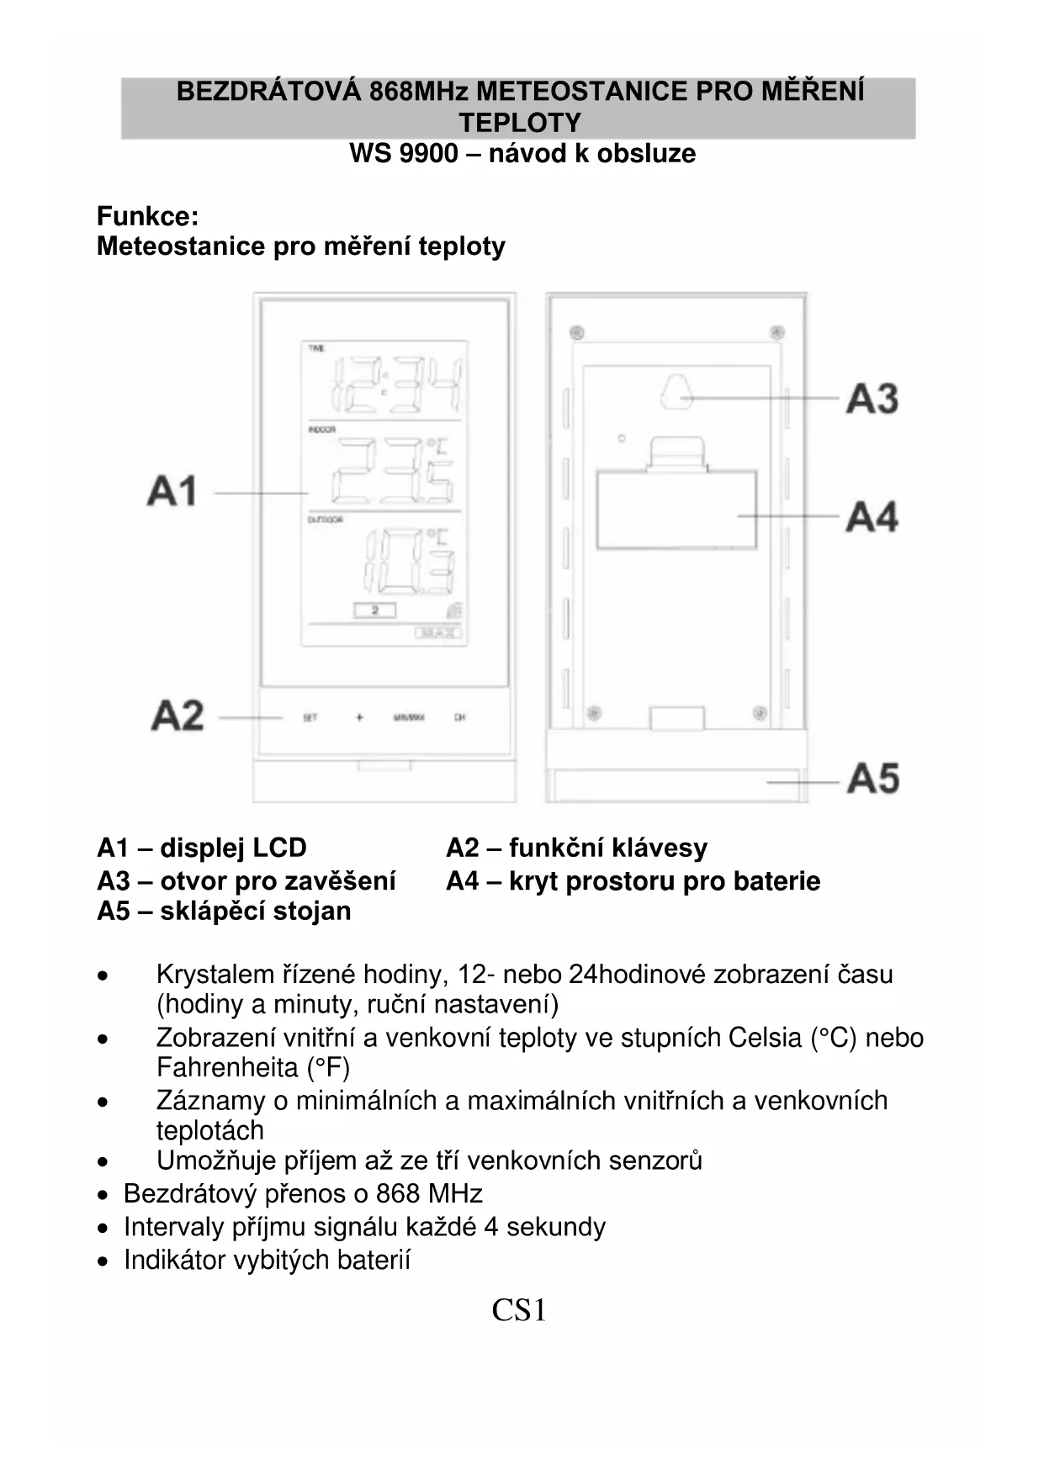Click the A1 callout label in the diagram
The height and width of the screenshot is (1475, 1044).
(x=172, y=491)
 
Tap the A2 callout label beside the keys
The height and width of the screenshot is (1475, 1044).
(x=178, y=716)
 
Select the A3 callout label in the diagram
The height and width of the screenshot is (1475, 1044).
(x=872, y=399)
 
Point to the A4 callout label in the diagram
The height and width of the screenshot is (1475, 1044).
(x=872, y=516)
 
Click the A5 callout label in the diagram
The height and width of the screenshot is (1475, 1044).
(x=873, y=778)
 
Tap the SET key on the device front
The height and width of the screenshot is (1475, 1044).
(x=310, y=717)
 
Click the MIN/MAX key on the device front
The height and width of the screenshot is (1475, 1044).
(x=409, y=717)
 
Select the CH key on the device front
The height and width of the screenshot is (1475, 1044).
(x=459, y=717)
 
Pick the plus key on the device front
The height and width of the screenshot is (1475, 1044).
(x=359, y=717)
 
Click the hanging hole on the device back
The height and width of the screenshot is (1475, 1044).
(x=676, y=393)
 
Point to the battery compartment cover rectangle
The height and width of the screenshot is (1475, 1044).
(x=676, y=510)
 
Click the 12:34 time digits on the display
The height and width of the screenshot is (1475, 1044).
(x=398, y=385)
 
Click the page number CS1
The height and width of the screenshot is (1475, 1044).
(x=519, y=1310)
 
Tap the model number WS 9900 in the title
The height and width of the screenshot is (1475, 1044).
(x=404, y=154)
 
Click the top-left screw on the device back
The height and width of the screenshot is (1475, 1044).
(x=576, y=331)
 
